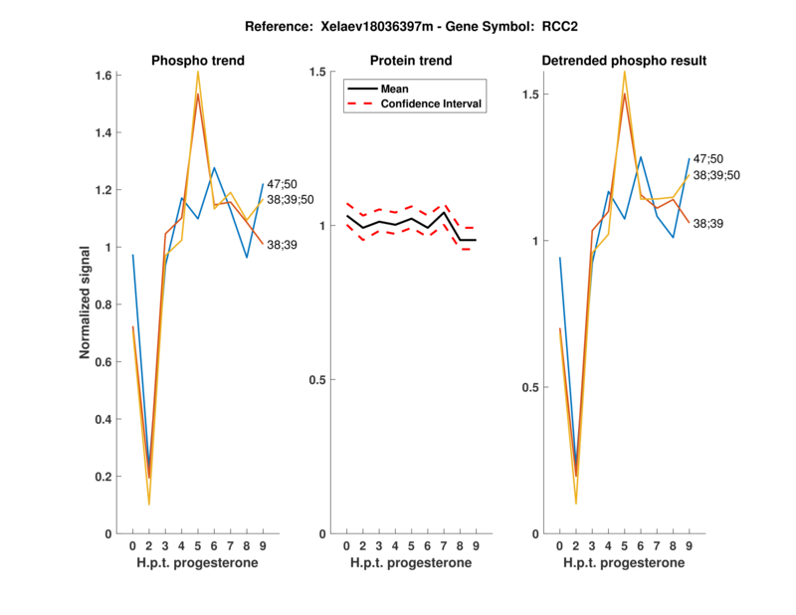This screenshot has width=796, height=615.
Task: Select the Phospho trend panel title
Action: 198,61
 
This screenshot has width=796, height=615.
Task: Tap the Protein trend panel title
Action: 411,61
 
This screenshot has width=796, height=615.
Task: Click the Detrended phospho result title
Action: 624,61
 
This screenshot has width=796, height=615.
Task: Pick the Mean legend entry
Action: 395,89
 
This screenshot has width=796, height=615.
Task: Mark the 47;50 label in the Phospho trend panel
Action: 282,184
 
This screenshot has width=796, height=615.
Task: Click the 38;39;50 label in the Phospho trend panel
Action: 291,199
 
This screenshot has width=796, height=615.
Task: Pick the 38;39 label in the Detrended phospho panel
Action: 707,224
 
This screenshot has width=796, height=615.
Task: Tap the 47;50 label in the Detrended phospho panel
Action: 707,158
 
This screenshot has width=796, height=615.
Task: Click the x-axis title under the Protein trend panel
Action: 411,563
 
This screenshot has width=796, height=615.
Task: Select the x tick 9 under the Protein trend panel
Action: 476,545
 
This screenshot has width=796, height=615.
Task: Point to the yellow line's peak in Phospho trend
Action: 198,72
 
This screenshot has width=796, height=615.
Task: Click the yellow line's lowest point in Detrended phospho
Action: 576,504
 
